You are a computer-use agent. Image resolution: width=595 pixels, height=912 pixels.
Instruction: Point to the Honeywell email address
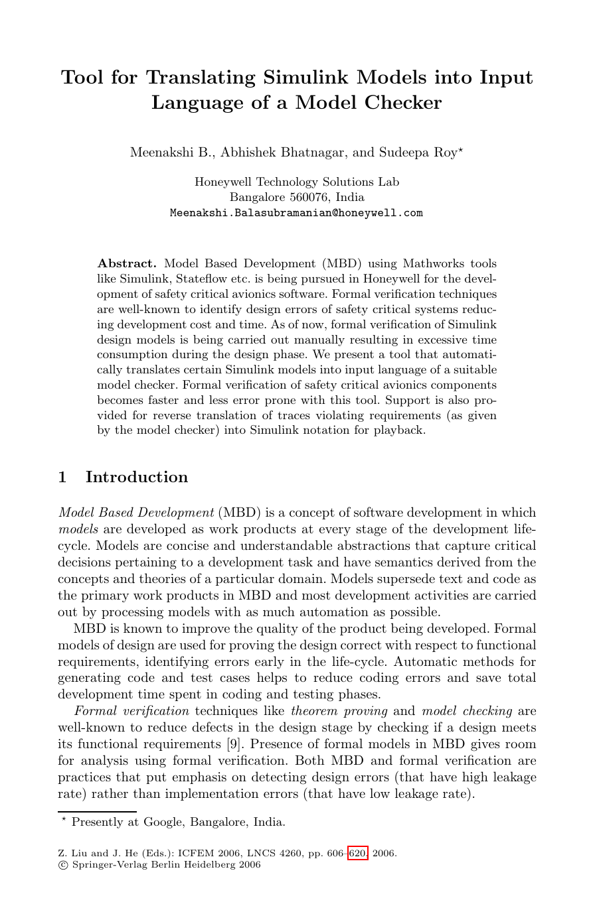(x=296, y=213)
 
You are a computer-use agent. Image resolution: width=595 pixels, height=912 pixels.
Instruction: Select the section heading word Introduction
(x=137, y=477)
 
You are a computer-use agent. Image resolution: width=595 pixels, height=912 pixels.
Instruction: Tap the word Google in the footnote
(x=163, y=822)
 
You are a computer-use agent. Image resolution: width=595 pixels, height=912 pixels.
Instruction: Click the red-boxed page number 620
(x=358, y=854)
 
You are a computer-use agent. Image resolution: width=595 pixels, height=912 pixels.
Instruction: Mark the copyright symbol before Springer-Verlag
(x=62, y=865)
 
